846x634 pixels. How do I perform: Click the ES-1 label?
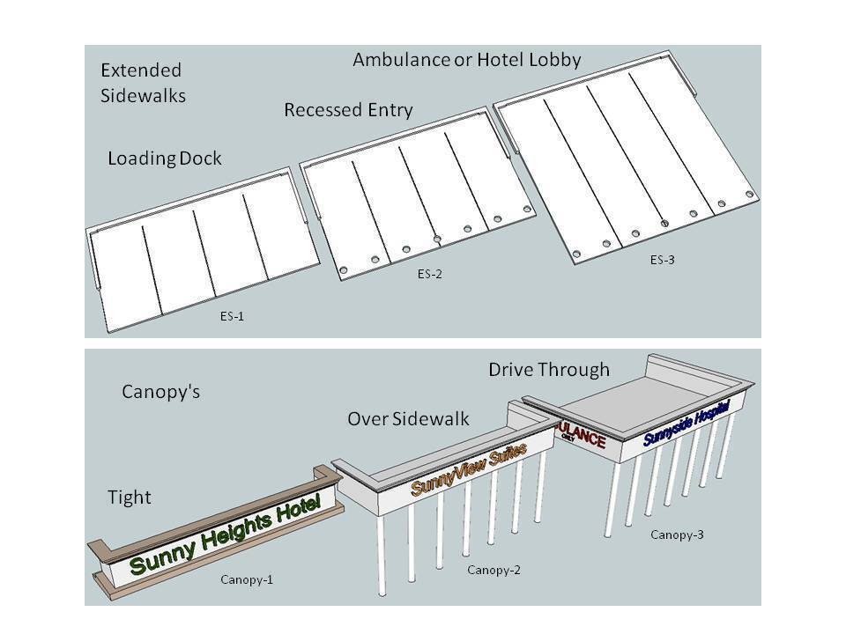click(232, 316)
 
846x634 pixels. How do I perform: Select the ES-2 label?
click(430, 274)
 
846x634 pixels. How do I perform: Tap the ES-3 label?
click(664, 260)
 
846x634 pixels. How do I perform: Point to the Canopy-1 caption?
click(247, 579)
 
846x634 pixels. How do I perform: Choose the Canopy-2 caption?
click(493, 570)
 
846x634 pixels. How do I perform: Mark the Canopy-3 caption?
click(677, 534)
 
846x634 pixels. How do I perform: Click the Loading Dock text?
click(164, 158)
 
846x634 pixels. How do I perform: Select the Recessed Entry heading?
click(348, 110)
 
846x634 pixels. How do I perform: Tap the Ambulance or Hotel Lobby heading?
click(466, 60)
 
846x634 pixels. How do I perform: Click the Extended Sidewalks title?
click(143, 83)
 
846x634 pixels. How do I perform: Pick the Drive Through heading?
click(548, 370)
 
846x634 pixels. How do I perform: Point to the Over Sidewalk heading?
click(408, 419)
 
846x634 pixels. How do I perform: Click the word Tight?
click(130, 498)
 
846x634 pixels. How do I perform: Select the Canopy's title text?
click(160, 392)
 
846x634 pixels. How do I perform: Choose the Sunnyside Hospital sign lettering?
click(687, 424)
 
